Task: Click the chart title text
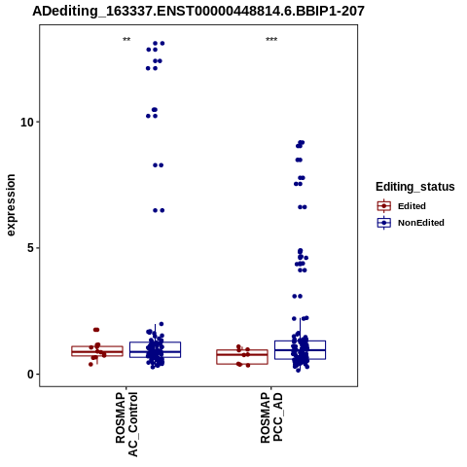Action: [x=198, y=11]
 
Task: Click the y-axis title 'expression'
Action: [x=11, y=205]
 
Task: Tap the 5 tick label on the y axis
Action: [x=30, y=248]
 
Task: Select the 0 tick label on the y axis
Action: [x=30, y=375]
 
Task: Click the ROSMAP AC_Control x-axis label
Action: [x=126, y=424]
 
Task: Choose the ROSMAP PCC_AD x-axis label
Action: [x=271, y=417]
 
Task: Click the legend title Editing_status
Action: [x=415, y=187]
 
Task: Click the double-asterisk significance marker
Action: [x=126, y=40]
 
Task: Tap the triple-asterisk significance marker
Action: [x=271, y=40]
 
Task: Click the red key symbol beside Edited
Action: [x=384, y=206]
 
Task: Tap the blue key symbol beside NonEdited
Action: [x=384, y=223]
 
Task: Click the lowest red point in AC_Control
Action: [x=90, y=364]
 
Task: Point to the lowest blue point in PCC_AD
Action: [x=298, y=370]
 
